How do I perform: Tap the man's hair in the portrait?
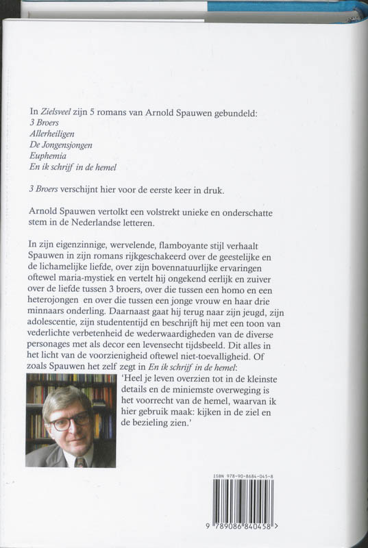tap(69, 399)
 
